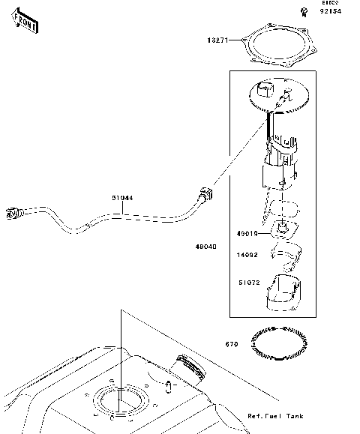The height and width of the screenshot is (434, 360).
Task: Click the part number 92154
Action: click(x=331, y=11)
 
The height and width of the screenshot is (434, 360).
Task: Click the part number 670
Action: click(x=232, y=345)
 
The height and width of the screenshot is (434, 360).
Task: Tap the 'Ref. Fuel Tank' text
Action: click(x=274, y=415)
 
